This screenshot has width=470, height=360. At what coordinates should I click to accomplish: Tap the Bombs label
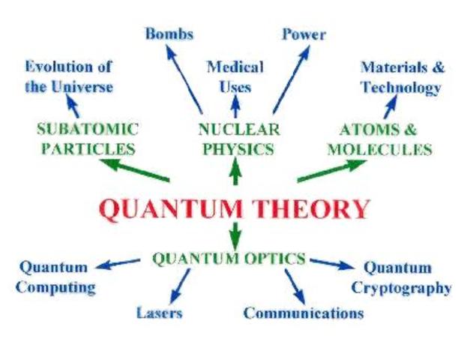click(x=169, y=34)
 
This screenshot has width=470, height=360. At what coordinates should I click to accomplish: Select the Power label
click(x=304, y=34)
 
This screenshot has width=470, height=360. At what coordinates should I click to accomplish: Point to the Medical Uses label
click(x=235, y=76)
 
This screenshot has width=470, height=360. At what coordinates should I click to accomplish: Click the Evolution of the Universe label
click(x=68, y=76)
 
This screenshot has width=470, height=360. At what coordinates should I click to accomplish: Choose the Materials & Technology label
click(x=402, y=77)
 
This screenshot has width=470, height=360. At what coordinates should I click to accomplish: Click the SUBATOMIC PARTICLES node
click(x=88, y=138)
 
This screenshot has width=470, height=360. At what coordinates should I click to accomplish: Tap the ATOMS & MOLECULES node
click(x=379, y=138)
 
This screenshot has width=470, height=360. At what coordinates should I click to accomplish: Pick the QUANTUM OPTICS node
click(x=229, y=259)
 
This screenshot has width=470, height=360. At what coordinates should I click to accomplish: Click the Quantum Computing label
click(x=55, y=277)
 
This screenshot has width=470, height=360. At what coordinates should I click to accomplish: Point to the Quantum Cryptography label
click(x=401, y=277)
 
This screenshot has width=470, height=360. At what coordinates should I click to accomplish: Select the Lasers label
click(x=159, y=312)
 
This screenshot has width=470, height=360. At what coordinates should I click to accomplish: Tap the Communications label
click(x=303, y=313)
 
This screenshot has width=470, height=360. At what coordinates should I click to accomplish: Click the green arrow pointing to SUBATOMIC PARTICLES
click(x=135, y=169)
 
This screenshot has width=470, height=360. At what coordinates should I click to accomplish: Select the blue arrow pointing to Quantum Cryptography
click(x=331, y=263)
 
